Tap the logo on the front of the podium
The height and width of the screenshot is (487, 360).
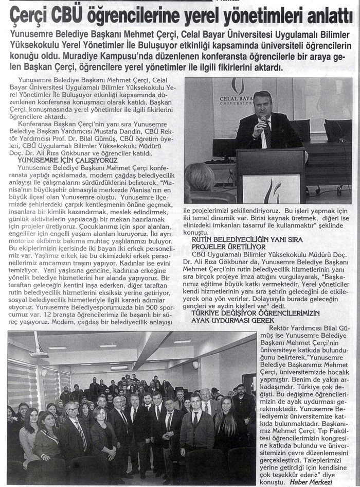pos(272,190)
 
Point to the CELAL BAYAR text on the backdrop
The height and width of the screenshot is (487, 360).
pos(234,98)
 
